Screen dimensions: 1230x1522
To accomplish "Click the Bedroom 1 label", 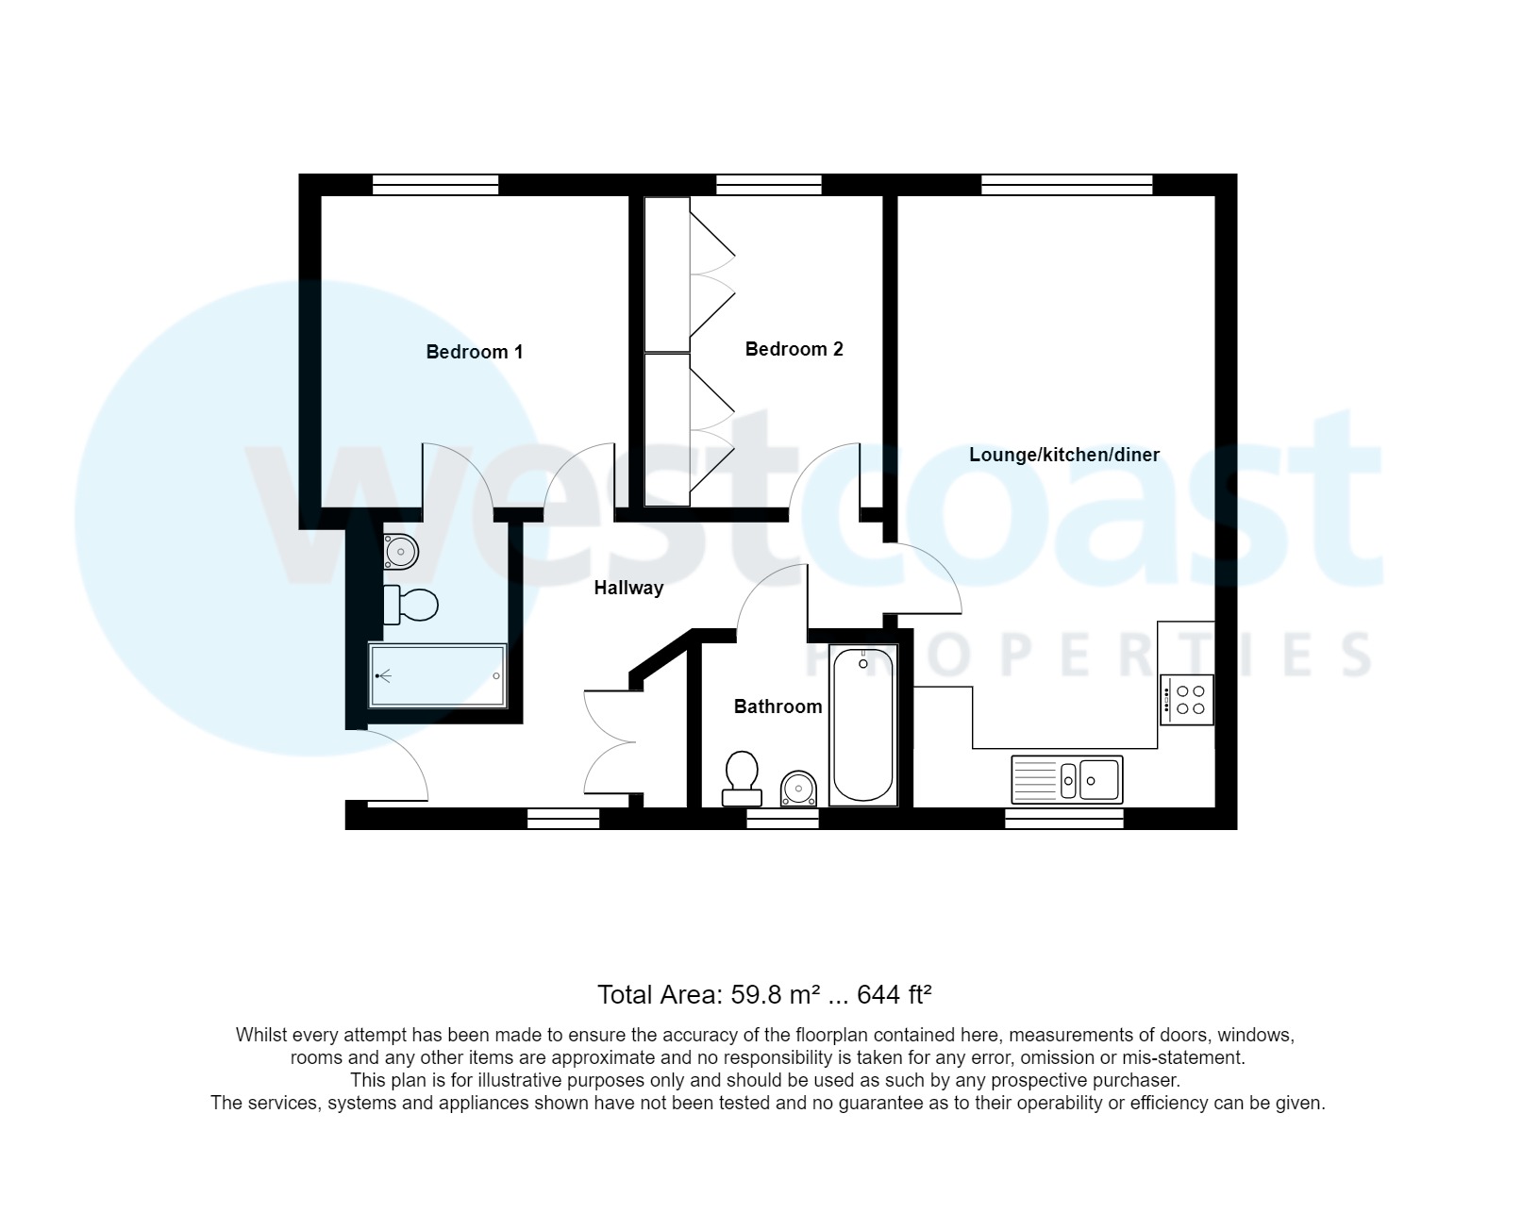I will pos(474,352).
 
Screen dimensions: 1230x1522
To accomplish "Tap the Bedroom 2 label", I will pos(794,349).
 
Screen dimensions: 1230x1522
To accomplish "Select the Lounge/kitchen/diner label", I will pos(1063,455).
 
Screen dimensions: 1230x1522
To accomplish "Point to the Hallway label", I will pos(628,588).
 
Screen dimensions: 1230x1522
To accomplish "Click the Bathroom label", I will pos(778,706).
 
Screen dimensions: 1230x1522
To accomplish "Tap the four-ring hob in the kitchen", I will pos(1186,700).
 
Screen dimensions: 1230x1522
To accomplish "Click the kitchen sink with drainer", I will pos(1067,779).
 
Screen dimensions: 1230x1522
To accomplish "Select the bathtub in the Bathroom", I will pos(863,724).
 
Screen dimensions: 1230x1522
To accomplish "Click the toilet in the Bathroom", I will pos(742,777).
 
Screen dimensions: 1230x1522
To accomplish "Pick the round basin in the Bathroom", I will pos(798,788).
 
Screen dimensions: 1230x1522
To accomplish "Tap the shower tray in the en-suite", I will pos(438,675).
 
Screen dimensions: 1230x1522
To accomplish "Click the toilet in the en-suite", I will pos(410,605).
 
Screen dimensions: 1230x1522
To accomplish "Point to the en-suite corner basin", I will pos(400,550).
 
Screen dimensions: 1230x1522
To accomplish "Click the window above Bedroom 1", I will pos(435,185).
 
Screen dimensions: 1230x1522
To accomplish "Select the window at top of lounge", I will pos(1066,185).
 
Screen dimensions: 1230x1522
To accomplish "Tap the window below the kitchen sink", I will pos(1063,819).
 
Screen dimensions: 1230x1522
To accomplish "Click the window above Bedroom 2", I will pos(768,185).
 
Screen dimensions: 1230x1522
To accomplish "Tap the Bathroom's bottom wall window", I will pos(782,820).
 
